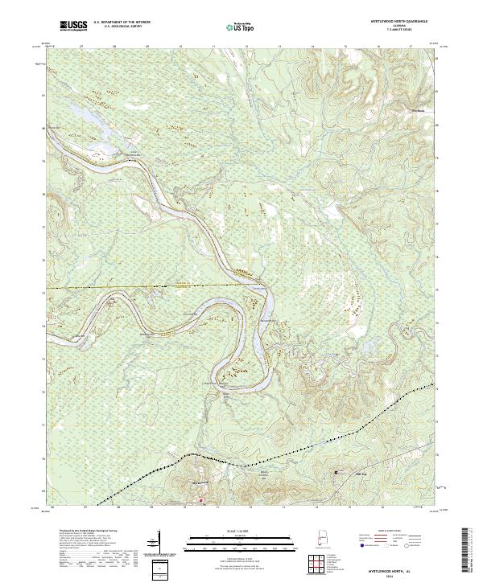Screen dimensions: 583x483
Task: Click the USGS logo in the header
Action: [x=72, y=27]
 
